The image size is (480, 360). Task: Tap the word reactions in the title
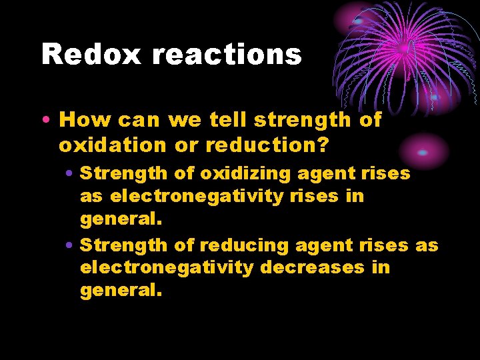tap(227, 54)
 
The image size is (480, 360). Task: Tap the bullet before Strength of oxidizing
tap(70, 174)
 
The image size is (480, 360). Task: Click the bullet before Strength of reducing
tap(70, 246)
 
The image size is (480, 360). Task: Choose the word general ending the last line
tap(120, 291)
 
